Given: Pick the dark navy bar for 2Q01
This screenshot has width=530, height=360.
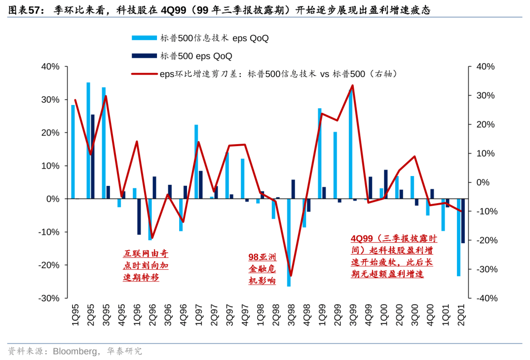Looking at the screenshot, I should [x=463, y=221].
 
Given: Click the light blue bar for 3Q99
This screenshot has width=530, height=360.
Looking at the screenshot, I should [x=350, y=145].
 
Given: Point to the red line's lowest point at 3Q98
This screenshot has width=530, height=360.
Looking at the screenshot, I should [x=291, y=276].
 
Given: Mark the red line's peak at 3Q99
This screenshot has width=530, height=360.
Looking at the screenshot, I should [x=352, y=85].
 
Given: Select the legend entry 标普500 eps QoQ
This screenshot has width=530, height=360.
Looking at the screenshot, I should [x=196, y=56].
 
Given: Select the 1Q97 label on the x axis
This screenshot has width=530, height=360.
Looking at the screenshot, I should [x=198, y=314].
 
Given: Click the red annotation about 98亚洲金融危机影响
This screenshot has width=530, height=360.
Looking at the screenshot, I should [x=262, y=269].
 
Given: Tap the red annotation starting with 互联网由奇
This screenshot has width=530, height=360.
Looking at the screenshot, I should [x=145, y=265].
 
